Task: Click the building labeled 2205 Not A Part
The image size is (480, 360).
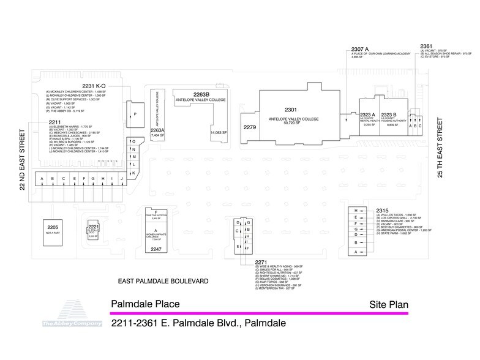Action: [x=53, y=230]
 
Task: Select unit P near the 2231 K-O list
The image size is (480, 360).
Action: [x=135, y=114]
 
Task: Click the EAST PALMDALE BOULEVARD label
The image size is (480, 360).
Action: [x=163, y=281]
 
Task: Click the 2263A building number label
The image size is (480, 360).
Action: [x=157, y=130]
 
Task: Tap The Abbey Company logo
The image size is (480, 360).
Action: [x=64, y=313]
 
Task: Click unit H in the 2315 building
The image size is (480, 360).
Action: [x=356, y=211]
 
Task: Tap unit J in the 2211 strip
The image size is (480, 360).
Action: [x=122, y=179]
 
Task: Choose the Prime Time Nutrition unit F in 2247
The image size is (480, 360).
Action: [x=156, y=214]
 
